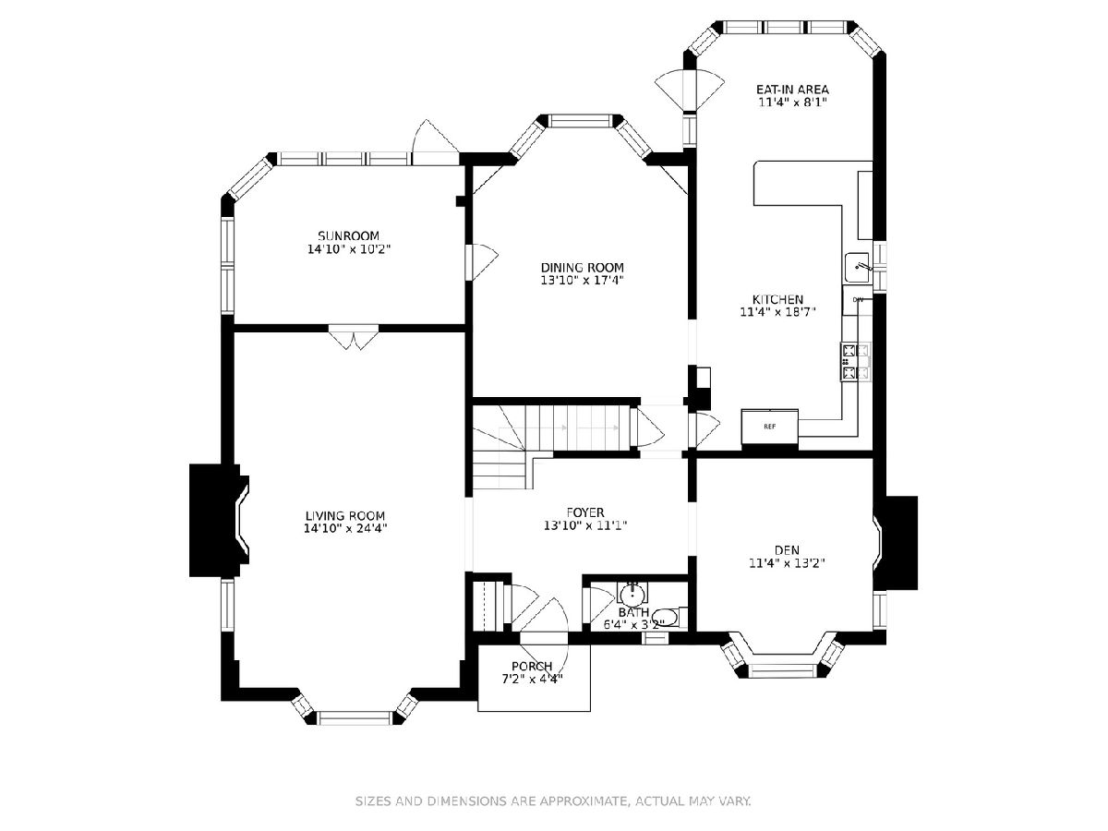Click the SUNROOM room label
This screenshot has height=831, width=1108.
click(348, 235)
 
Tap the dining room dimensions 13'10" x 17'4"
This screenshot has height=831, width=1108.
click(582, 281)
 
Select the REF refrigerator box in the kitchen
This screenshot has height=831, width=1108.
click(769, 427)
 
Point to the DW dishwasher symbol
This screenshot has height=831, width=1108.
click(857, 300)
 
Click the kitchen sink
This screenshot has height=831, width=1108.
click(858, 268)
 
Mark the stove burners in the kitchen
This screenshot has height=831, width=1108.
click(856, 362)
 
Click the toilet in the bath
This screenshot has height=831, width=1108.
click(669, 617)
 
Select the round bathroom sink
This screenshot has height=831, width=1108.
click(632, 594)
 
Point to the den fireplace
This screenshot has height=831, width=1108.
click(895, 543)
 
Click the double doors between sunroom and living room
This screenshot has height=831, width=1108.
click(354, 336)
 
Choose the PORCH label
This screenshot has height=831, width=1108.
click(532, 667)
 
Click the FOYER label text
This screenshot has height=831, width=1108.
click(585, 513)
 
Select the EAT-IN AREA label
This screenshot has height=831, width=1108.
click(792, 90)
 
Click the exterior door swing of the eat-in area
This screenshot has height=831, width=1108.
click(690, 90)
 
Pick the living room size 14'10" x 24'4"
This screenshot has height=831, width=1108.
click(345, 529)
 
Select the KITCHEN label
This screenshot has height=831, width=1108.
click(777, 299)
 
